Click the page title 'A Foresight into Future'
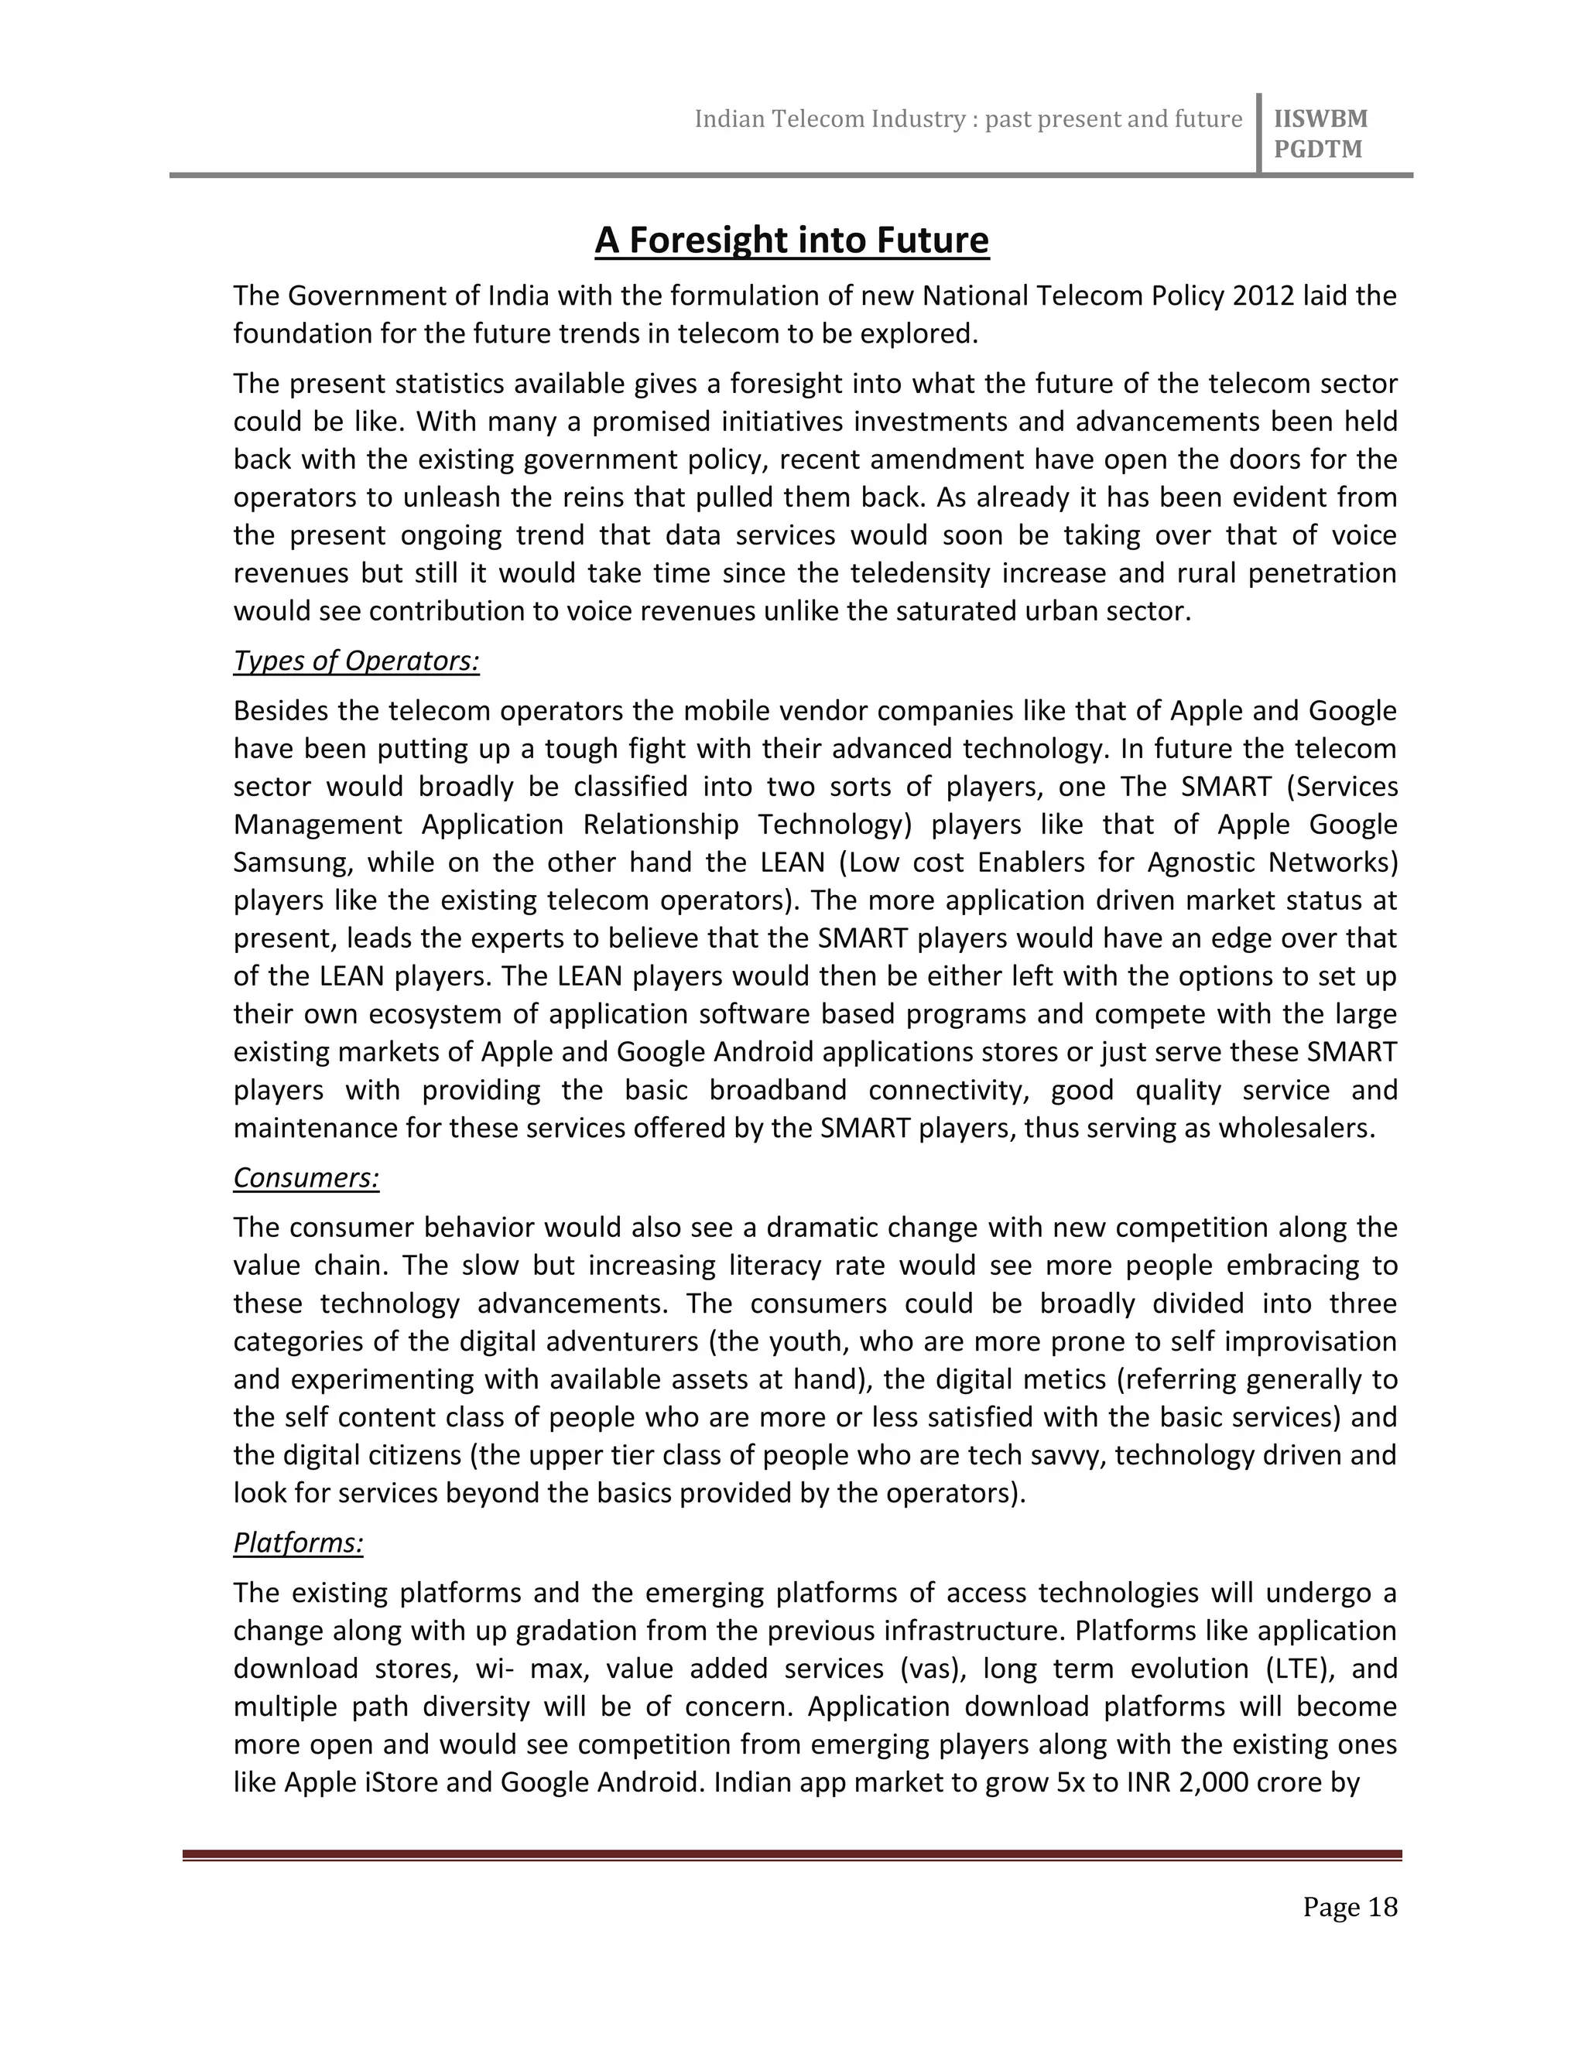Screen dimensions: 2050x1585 pyautogui.click(x=792, y=241)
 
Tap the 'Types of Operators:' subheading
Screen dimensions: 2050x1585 pyautogui.click(x=356, y=661)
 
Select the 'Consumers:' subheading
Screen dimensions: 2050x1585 pyautogui.click(x=306, y=1177)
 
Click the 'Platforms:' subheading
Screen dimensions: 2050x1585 pyautogui.click(x=298, y=1543)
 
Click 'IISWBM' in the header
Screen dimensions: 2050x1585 pyautogui.click(x=1320, y=119)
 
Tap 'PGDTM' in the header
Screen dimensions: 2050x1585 pyautogui.click(x=1317, y=149)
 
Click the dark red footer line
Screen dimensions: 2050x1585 pyautogui.click(x=792, y=1855)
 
